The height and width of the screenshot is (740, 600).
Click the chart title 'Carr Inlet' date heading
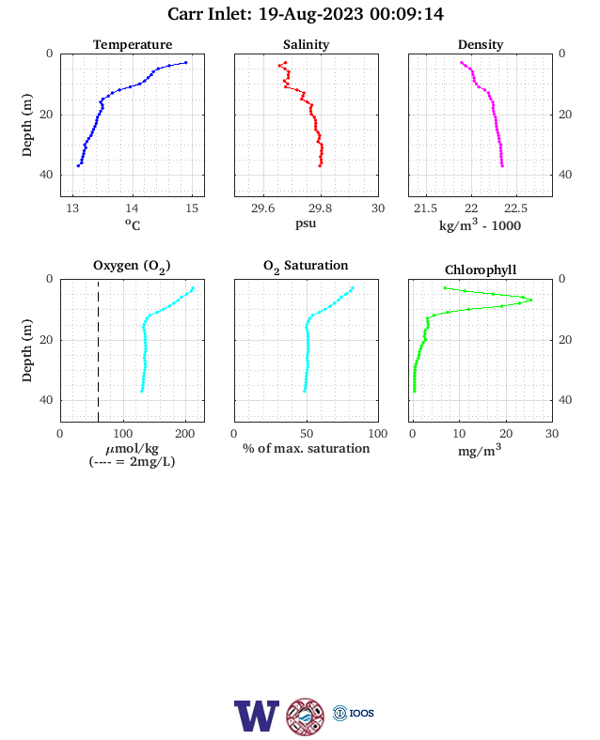point(306,14)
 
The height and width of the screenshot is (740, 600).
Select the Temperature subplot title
point(133,44)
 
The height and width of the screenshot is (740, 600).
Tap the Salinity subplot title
point(307,44)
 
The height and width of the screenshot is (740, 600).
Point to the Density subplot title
point(481,44)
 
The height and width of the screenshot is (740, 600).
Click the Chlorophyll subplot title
point(481,270)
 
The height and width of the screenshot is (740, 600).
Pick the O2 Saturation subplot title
point(306,266)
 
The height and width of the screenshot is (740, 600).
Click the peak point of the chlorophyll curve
point(531,301)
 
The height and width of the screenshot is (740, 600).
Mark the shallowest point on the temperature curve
point(185,62)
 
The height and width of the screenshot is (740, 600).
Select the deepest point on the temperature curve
point(78,165)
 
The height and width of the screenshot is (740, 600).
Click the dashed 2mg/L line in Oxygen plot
point(98,350)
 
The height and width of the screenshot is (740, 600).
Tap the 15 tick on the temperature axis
point(192,208)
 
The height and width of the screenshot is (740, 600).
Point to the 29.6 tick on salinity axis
point(262,208)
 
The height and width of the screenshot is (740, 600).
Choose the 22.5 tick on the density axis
point(515,208)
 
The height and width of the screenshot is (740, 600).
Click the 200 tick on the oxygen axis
point(184,434)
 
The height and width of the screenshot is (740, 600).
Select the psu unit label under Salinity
point(306,224)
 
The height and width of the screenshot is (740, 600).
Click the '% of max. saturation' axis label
point(307,448)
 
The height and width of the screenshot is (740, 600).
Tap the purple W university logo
point(257,716)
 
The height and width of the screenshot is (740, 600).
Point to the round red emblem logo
point(306,717)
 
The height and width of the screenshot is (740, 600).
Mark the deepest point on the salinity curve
point(320,165)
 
